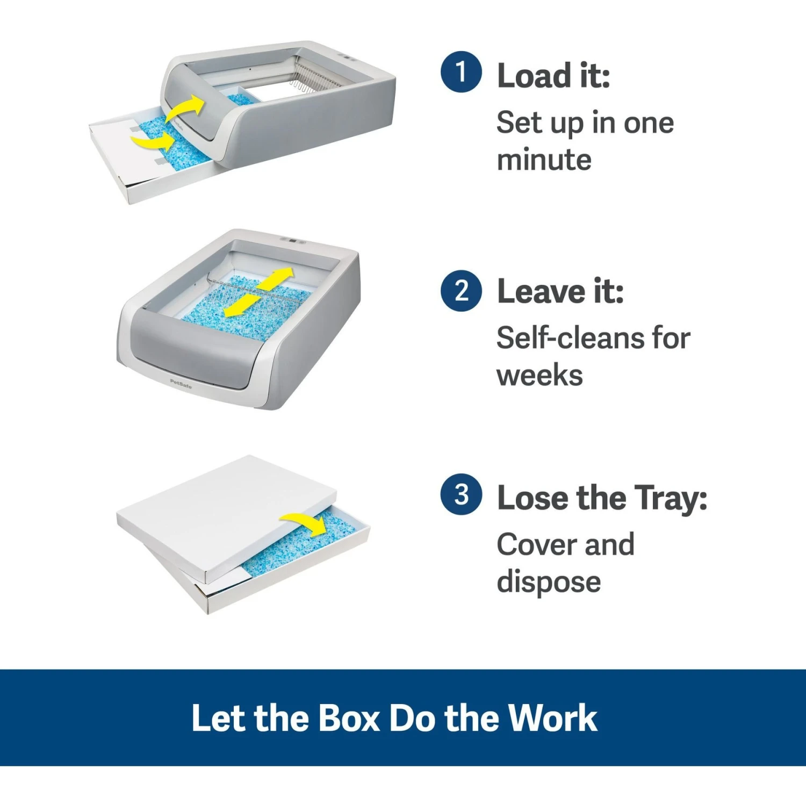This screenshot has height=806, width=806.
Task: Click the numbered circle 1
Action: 460,72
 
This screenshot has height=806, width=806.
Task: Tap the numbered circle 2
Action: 460,291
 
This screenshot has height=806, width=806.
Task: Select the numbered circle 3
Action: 460,494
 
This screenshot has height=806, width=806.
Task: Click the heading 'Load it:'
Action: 553,76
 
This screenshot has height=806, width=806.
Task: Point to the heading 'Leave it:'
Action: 560,292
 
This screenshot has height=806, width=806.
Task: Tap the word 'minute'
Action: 544,160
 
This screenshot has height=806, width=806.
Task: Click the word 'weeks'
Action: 539,376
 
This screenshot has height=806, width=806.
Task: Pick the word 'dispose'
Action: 549,582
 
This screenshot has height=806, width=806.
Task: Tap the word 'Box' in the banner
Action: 349,718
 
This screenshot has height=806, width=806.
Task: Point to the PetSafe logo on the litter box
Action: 181,384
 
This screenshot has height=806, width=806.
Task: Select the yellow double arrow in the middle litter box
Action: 258,293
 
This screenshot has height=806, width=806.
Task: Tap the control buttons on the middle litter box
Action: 293,241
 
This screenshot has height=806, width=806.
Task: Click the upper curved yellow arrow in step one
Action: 185,109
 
